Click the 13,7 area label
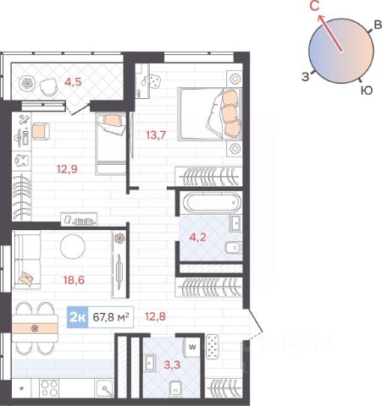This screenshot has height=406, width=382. point(156,135)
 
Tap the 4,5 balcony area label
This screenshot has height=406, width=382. point(73,82)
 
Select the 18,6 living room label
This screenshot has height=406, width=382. point(74,280)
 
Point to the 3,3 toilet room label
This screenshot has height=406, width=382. point(172,365)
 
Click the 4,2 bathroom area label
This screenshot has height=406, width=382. point(197,237)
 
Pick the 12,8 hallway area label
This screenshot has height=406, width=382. point(155,316)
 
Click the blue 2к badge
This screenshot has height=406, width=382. point(78,317)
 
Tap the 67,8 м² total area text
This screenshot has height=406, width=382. point(111,317)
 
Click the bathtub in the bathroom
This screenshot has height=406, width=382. point(212,202)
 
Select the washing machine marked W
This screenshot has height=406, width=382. point(192,347)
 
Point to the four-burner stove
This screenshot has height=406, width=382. point(50,388)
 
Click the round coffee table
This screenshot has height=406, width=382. point(73,247)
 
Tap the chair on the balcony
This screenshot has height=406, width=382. point(49,87)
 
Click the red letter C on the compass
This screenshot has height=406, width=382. point(314,6)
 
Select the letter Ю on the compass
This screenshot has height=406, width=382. point(367,91)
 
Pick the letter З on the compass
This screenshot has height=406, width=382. point(306,77)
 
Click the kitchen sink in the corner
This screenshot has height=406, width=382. point(105,389)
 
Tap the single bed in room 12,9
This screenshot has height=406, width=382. point(111,143)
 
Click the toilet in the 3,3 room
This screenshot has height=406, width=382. point(176,389)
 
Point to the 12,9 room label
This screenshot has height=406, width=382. point(67,169)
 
